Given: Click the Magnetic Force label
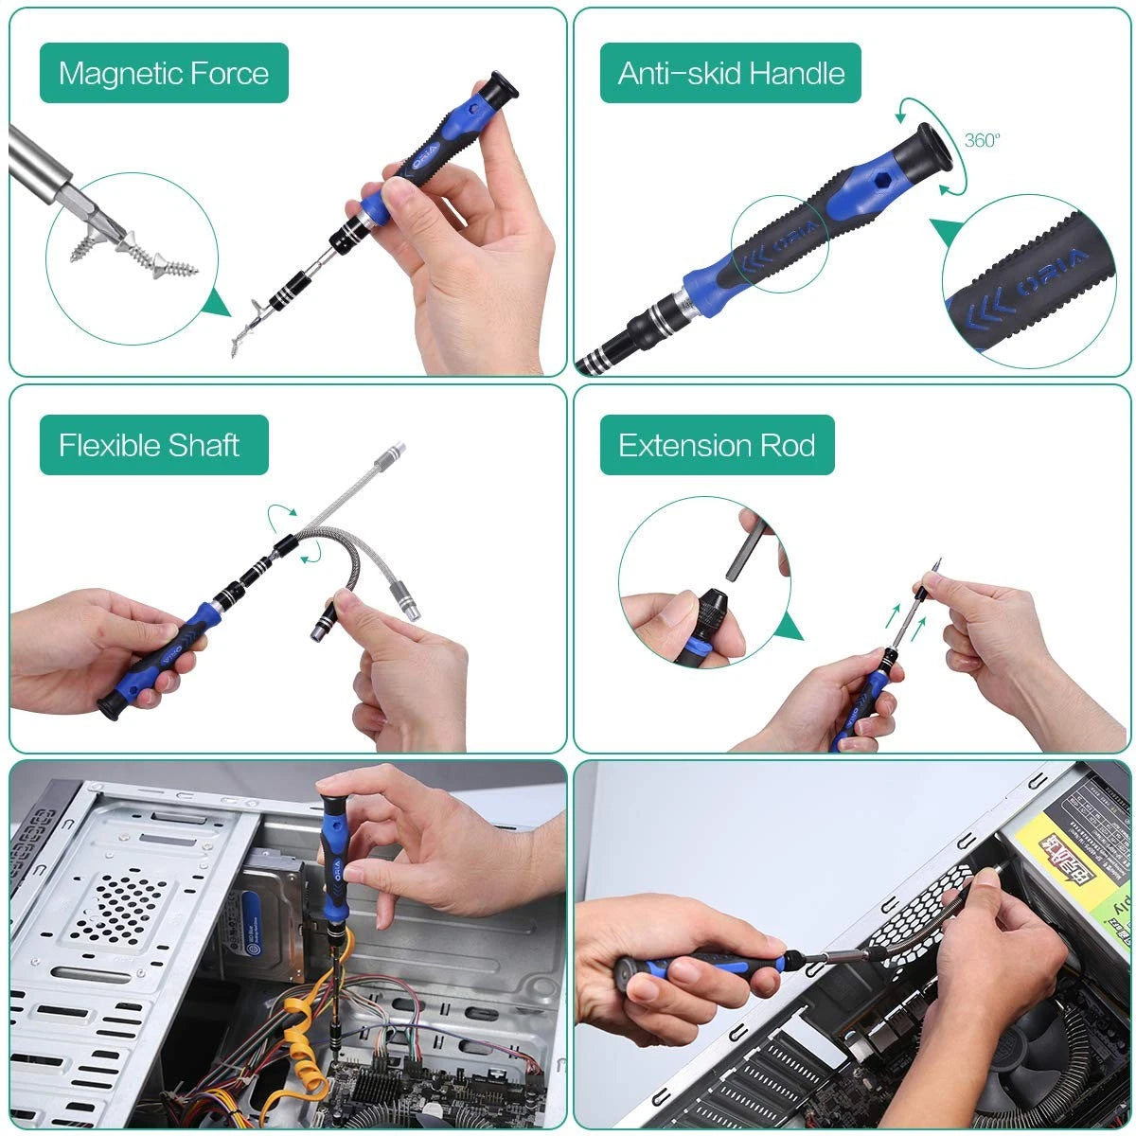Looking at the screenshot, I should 163,73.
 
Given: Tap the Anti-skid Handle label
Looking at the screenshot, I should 730,73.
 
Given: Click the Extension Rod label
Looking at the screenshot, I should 717,445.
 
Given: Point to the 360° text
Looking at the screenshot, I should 982,140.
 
